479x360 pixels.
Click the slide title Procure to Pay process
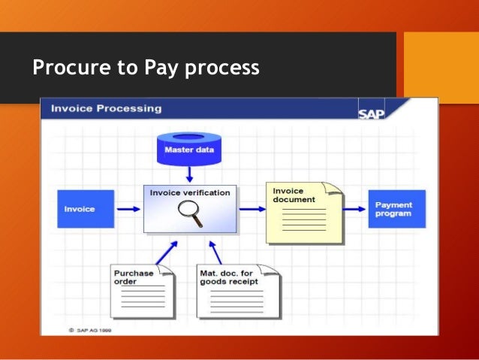(x=146, y=68)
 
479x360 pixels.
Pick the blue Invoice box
(x=86, y=208)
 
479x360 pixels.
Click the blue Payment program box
(x=396, y=208)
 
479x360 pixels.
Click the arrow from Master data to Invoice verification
(x=189, y=175)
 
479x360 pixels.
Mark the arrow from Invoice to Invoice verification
(x=128, y=209)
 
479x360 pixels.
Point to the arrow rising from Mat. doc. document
(x=215, y=250)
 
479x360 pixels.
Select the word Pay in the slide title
(x=158, y=68)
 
